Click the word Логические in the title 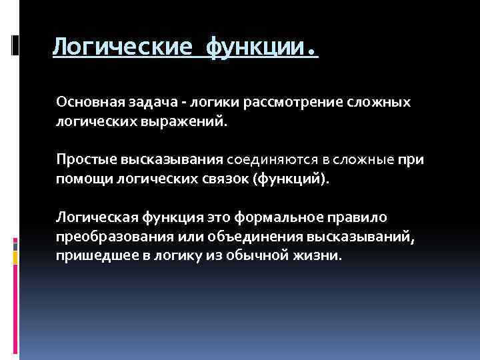click(x=123, y=47)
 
